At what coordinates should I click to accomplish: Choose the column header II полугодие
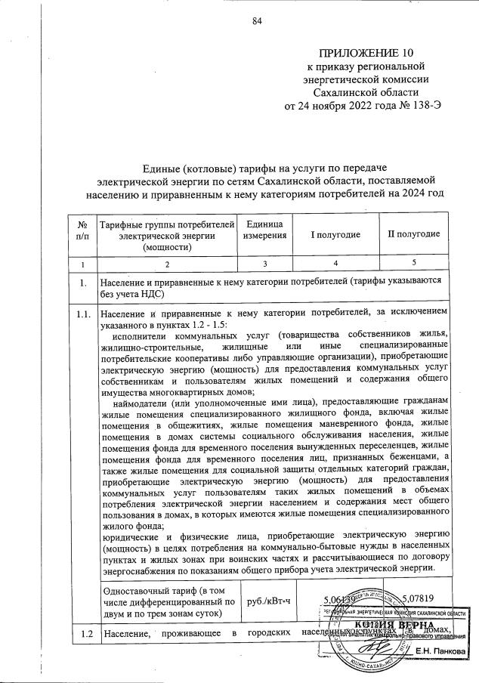(x=414, y=233)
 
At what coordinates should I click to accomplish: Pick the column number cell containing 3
(x=266, y=264)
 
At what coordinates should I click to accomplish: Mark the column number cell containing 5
(x=414, y=264)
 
